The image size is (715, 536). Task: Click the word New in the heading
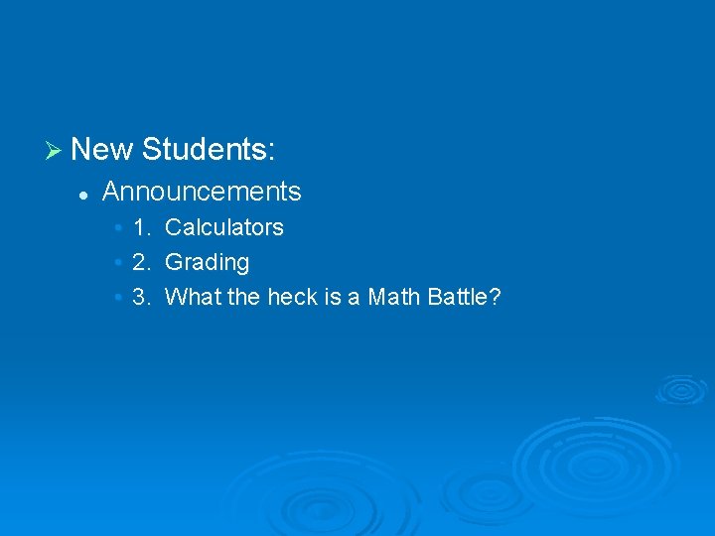(x=101, y=150)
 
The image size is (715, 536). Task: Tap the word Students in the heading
(x=204, y=150)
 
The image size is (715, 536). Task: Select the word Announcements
(x=202, y=191)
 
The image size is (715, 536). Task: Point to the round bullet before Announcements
(x=85, y=193)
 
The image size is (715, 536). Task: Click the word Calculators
(x=224, y=227)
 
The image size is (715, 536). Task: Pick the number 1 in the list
(x=139, y=227)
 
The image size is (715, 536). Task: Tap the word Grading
(x=207, y=263)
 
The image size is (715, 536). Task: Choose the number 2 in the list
(x=139, y=263)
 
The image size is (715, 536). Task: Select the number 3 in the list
(x=139, y=297)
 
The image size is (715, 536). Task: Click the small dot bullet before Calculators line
(x=118, y=228)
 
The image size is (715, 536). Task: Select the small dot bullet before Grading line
(x=118, y=264)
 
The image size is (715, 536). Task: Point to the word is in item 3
(x=333, y=297)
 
